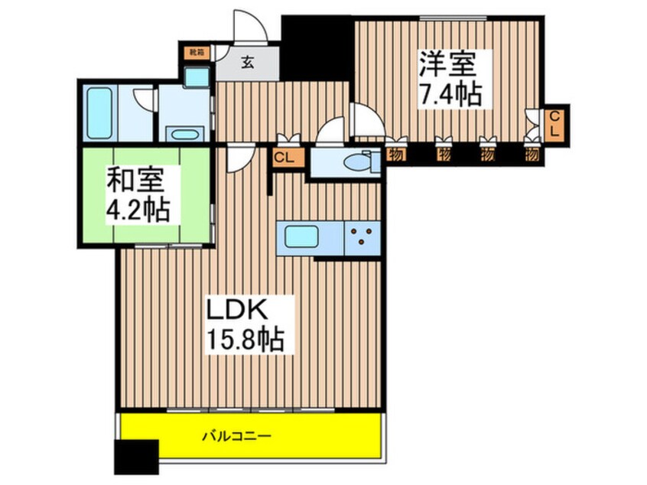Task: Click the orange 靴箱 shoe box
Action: (x=197, y=53)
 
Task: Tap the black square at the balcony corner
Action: (x=135, y=457)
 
